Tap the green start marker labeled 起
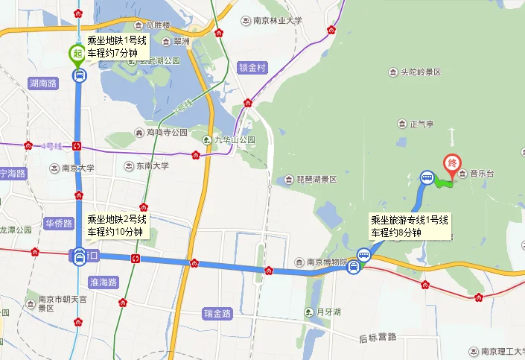pos(77,54)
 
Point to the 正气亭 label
pos(416,124)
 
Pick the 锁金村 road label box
pos(252,67)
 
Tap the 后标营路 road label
pos(378,337)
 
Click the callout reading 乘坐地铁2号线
pos(117,225)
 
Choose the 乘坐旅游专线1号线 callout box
pos(410,226)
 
